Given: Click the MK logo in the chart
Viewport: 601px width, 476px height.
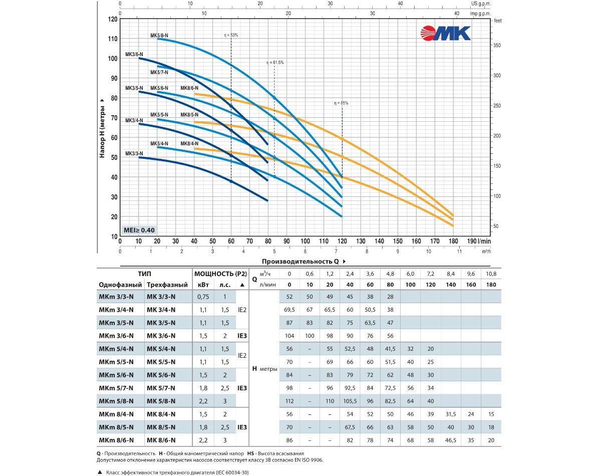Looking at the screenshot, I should click(446, 33).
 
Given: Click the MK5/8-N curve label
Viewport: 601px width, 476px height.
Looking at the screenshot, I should click(159, 36).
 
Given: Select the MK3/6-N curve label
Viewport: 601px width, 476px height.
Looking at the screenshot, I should click(134, 54).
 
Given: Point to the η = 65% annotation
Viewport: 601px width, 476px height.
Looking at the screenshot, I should click(341, 103).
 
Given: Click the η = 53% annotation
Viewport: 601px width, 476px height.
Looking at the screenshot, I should click(231, 36).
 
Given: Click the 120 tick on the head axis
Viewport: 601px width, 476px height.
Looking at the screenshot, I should click(113, 19).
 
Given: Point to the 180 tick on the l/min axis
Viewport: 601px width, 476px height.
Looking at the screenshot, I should click(453, 241).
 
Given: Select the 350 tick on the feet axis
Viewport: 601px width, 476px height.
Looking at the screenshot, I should click(497, 45).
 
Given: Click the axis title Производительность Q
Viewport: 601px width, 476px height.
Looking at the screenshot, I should click(300, 262).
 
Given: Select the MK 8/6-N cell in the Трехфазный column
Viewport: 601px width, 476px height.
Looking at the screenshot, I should click(161, 440).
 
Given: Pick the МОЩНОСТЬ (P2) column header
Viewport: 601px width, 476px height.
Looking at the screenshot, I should click(220, 274).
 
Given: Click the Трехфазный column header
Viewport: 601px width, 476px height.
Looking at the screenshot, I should click(167, 285).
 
